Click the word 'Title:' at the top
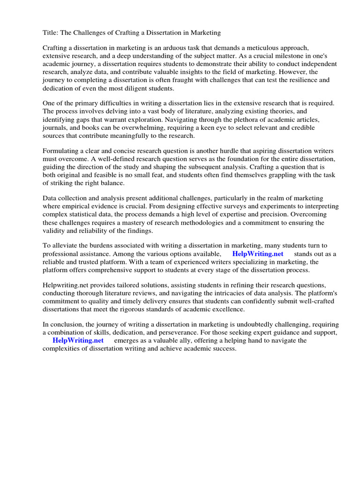click(x=51, y=33)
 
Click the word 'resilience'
click(x=290, y=80)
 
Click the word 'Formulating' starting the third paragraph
click(x=61, y=151)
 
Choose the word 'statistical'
click(x=82, y=215)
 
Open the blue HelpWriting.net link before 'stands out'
click(x=258, y=254)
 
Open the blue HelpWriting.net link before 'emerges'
click(x=78, y=341)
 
